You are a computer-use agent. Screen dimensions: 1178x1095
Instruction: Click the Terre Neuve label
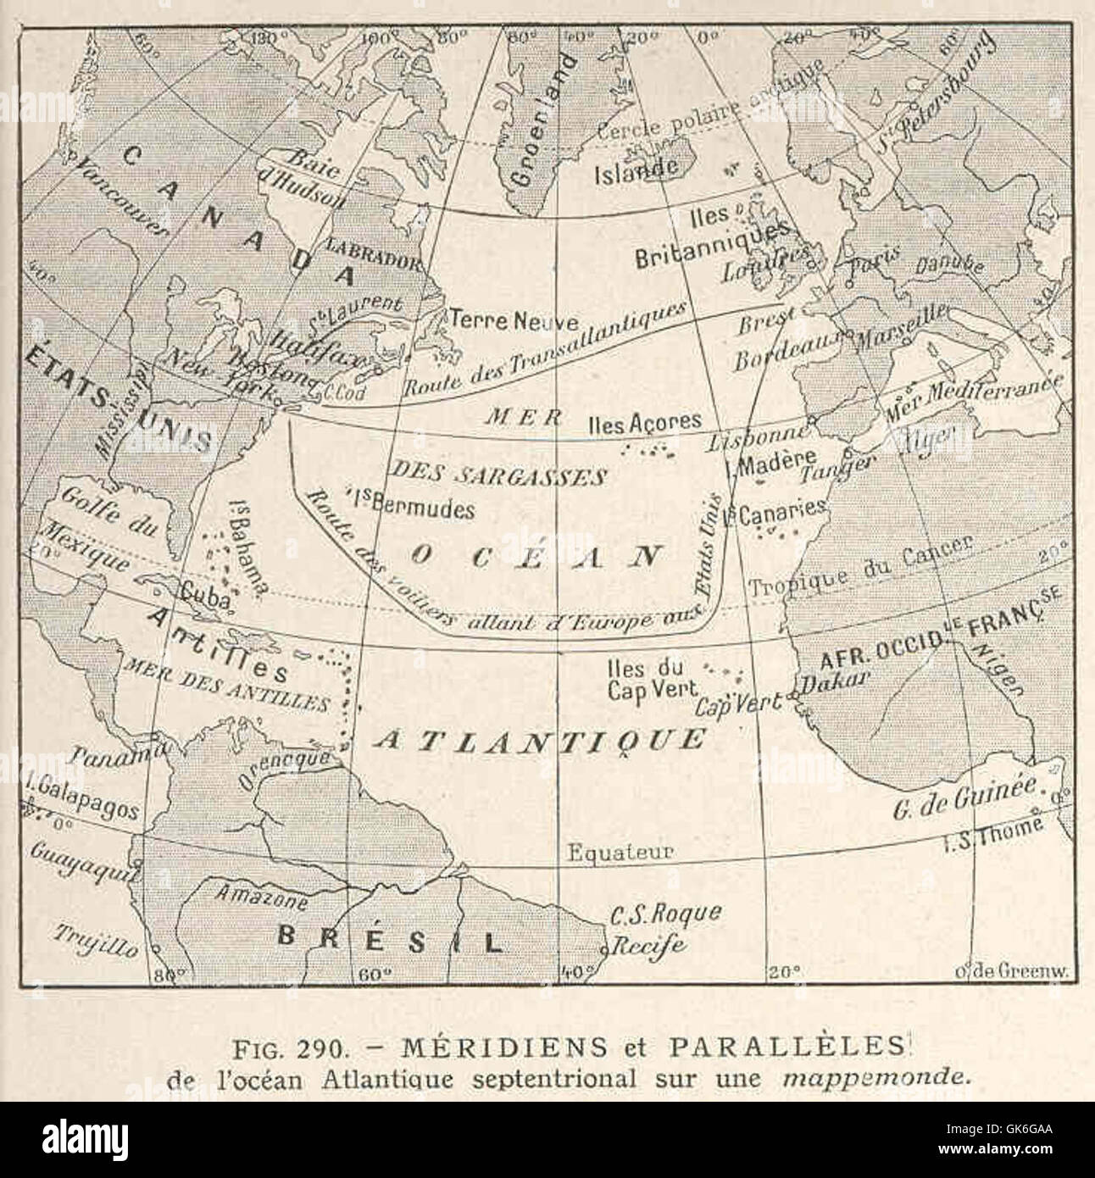pyautogui.click(x=514, y=321)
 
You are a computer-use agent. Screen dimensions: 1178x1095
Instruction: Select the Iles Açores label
pyautogui.click(x=645, y=421)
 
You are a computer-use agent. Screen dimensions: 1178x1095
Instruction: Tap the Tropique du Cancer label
pyautogui.click(x=859, y=565)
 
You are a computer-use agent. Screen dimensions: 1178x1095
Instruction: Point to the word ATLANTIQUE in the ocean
pyautogui.click(x=539, y=739)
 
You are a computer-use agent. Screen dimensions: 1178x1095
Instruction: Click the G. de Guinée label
pyautogui.click(x=965, y=797)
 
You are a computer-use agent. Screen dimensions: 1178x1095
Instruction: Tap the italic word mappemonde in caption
pyautogui.click(x=874, y=1079)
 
